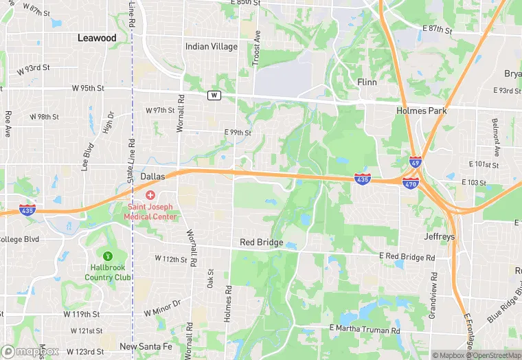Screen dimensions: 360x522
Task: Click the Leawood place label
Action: pos(97,38)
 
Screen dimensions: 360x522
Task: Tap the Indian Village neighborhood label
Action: pos(212,47)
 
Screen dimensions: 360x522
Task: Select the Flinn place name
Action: pos(367,82)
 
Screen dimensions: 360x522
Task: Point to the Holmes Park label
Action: pos(422,110)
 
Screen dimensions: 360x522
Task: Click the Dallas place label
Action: pos(152,177)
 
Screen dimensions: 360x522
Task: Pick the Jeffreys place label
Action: pos(440,236)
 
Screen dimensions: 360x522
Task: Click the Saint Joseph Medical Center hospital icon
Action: pos(150,195)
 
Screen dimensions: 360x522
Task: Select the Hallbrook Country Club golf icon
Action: pos(107,256)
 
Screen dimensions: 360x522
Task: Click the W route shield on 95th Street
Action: pos(214,95)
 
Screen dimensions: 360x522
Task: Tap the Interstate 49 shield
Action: pos(415,161)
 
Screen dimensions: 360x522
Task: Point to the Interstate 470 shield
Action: pos(411,184)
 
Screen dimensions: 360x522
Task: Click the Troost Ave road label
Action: pos(258,48)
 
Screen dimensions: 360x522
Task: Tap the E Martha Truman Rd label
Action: pos(365,330)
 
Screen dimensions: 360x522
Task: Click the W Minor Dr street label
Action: pos(162,303)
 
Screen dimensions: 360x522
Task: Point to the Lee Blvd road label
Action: pos(87,156)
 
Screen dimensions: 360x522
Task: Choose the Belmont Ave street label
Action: pos(495,136)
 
